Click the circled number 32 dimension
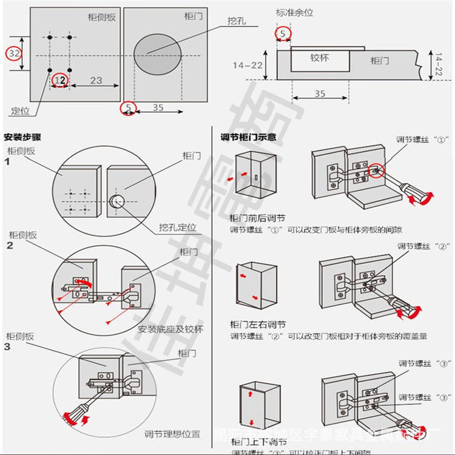[x=15, y=53]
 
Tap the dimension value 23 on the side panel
[x=96, y=80]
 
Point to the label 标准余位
[x=294, y=12]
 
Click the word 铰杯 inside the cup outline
[x=320, y=58]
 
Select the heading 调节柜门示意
[x=248, y=137]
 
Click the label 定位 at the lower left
[x=20, y=112]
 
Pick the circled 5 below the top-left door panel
[x=128, y=108]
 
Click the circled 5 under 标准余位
[x=283, y=33]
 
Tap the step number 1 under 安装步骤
[x=7, y=162]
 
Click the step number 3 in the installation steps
[x=7, y=347]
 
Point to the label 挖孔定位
[x=178, y=227]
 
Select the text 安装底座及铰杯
[x=170, y=329]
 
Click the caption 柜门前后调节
[x=257, y=218]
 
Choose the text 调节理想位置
[x=172, y=434]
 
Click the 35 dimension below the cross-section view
[x=320, y=93]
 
